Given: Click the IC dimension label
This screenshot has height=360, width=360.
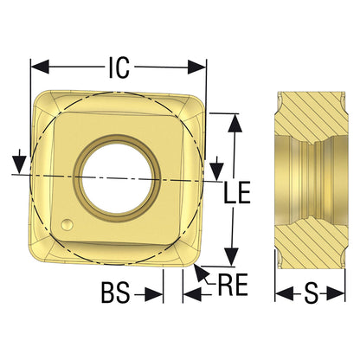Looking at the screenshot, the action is click(119, 67).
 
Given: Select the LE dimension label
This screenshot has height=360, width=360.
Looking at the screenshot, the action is click(237, 193).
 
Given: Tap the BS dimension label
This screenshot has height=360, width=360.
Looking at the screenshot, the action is click(115, 292).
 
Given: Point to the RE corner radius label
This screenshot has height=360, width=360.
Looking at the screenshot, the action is click(233, 285).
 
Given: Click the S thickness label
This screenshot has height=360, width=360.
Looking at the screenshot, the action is click(311, 293).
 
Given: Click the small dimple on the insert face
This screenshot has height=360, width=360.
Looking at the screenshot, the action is click(67, 225).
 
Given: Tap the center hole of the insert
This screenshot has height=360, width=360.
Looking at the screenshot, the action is click(116, 177).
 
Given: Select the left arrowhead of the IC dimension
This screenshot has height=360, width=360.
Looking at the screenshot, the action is click(40, 67).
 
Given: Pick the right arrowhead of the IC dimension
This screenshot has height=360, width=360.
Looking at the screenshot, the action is click(197, 67).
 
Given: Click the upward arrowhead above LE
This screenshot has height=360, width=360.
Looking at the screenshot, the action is click(235, 123).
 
